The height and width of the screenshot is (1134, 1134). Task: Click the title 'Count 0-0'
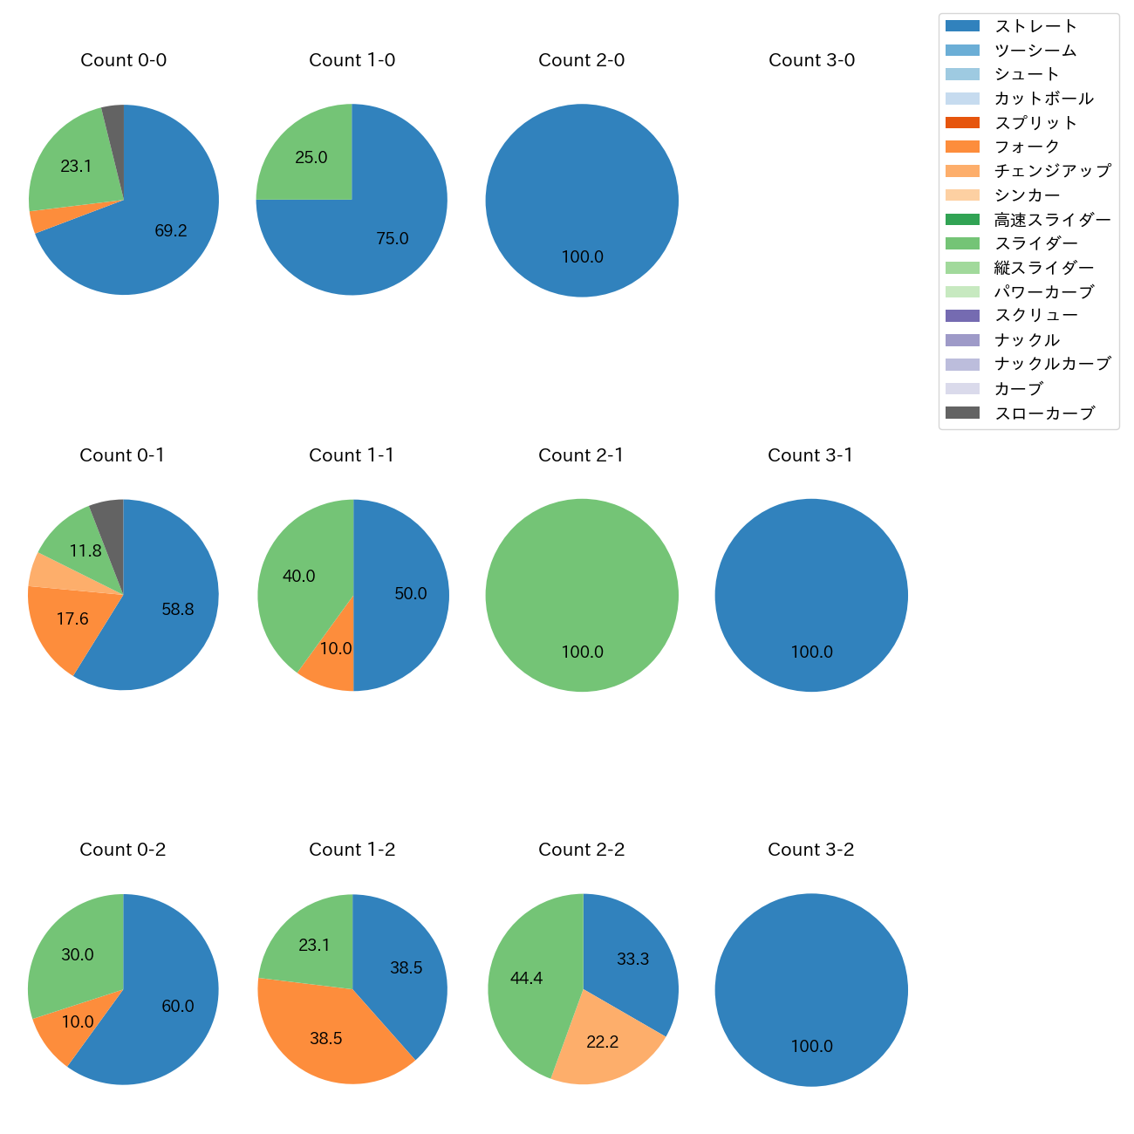click(123, 60)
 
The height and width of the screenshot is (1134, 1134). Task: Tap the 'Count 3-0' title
click(811, 60)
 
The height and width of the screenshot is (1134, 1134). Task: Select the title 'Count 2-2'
click(581, 850)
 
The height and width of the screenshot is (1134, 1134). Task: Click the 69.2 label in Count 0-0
click(171, 231)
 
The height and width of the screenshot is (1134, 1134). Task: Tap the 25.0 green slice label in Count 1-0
click(311, 158)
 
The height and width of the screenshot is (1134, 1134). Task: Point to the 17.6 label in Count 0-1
click(72, 619)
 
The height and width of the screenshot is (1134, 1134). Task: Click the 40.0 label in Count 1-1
click(299, 577)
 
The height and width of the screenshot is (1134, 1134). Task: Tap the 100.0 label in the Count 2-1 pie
click(582, 652)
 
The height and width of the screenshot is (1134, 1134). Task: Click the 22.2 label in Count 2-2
click(603, 1042)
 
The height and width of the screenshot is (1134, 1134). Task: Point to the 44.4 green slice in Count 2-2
click(527, 979)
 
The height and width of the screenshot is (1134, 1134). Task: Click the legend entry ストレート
click(1035, 26)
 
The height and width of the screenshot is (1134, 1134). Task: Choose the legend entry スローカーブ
click(1044, 413)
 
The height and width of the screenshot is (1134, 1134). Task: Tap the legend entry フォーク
click(1027, 147)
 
